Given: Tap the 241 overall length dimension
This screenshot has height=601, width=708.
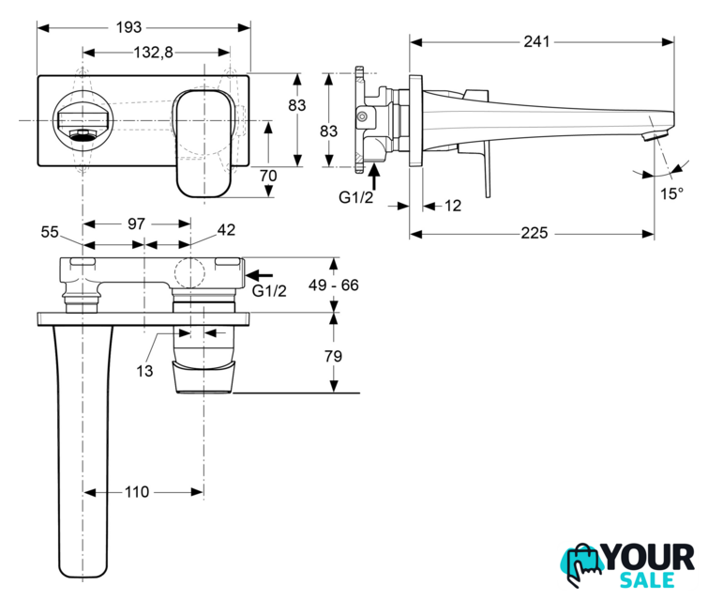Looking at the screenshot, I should (537, 41).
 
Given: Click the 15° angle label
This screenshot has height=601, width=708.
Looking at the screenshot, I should (671, 193).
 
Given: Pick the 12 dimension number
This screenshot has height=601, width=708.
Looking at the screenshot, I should (452, 206).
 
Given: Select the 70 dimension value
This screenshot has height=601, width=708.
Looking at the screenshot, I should (268, 175).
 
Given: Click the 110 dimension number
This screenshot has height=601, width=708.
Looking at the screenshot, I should (138, 491).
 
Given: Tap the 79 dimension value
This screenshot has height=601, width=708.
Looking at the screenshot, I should (333, 356).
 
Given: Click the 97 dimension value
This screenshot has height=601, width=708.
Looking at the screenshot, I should (135, 223).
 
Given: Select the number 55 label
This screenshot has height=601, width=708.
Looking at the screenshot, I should (51, 230).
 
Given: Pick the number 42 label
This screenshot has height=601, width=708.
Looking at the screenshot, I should (226, 230).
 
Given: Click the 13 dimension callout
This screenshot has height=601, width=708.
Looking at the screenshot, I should (143, 371).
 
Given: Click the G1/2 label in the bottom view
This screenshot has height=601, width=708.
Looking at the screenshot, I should (268, 291).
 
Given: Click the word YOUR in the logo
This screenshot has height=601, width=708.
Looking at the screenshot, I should (652, 558).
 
